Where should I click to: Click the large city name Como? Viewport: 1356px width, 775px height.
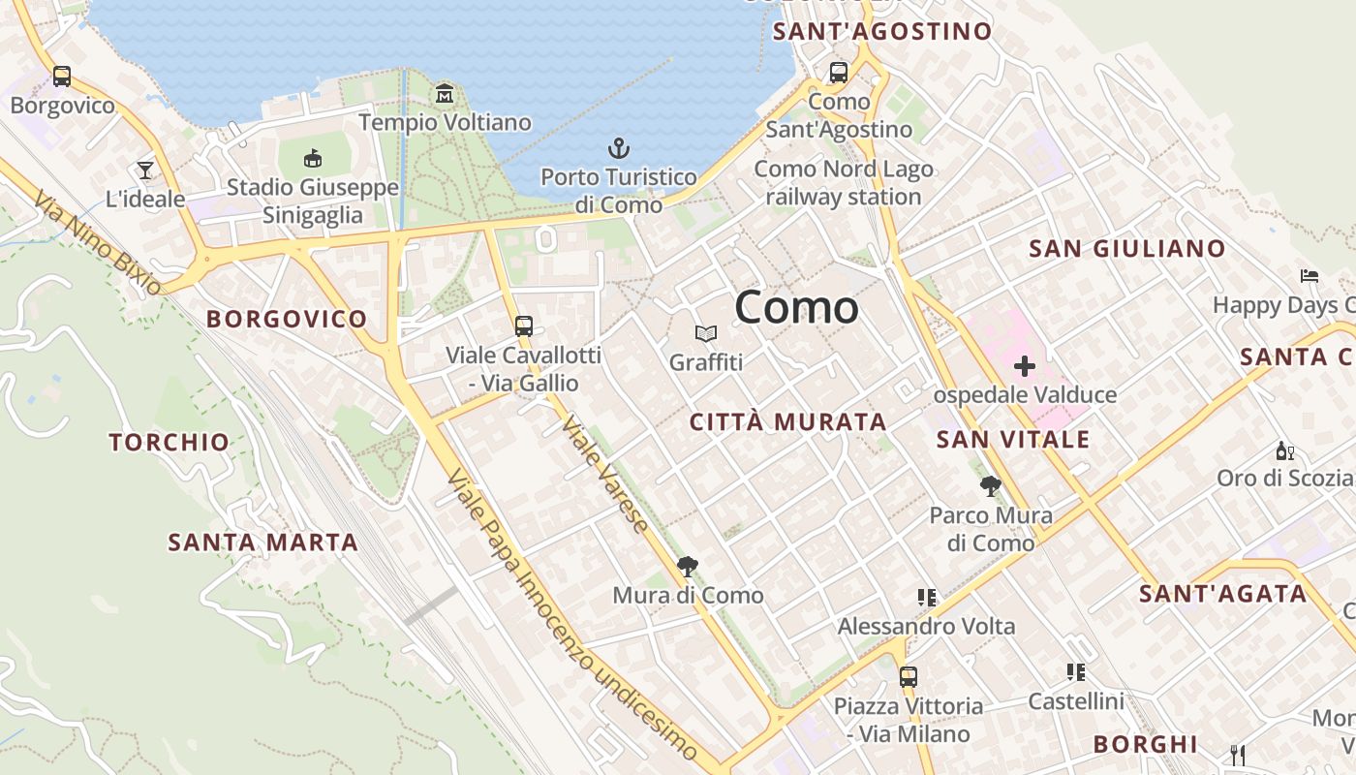coord(796,307)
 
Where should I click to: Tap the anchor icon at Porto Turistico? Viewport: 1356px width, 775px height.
coord(618,148)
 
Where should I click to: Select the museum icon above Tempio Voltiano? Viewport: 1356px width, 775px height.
coord(445,93)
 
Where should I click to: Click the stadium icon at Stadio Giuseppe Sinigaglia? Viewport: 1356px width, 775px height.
coord(313,158)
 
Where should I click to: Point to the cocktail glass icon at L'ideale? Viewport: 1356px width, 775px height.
coord(145,170)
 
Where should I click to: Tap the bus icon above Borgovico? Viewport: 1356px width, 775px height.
coord(62,76)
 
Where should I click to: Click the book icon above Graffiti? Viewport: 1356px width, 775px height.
coord(706,334)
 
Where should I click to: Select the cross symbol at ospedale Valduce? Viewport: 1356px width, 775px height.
coord(1025,366)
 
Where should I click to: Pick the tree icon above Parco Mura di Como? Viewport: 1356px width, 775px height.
coord(990,485)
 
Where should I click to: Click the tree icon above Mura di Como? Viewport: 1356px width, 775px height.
coord(688,566)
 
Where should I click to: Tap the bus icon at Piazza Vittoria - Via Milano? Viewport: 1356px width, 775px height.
coord(908,677)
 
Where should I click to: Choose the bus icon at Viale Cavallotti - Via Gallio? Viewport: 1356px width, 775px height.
coord(524,325)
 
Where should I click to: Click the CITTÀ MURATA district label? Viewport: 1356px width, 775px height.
coord(788,422)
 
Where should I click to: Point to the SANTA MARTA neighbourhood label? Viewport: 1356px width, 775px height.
coord(263,542)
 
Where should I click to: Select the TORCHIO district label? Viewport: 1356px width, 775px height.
coord(169,443)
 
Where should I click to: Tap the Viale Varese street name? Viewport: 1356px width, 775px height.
coord(606,475)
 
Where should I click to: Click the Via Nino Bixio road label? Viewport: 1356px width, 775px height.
coord(98,242)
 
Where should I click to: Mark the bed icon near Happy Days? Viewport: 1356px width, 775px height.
coord(1310,276)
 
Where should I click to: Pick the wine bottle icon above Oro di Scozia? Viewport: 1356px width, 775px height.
coord(1285,450)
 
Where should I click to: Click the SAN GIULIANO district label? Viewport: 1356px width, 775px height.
coord(1127,249)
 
